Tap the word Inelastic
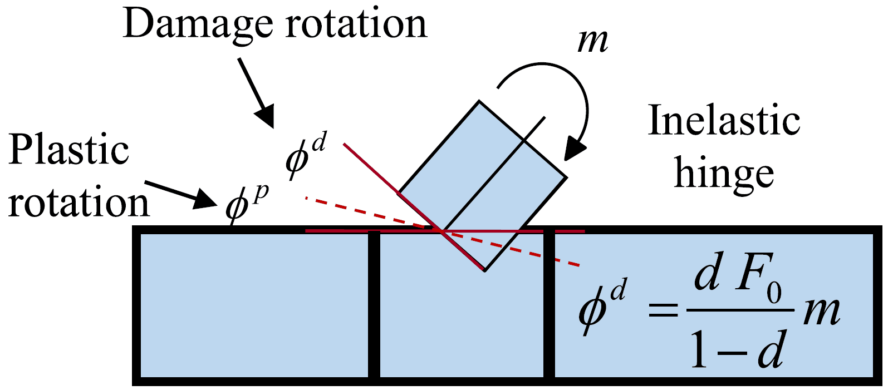[724, 121]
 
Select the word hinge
[724, 175]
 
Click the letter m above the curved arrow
[593, 41]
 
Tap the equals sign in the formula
[664, 309]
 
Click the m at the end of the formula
[821, 312]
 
